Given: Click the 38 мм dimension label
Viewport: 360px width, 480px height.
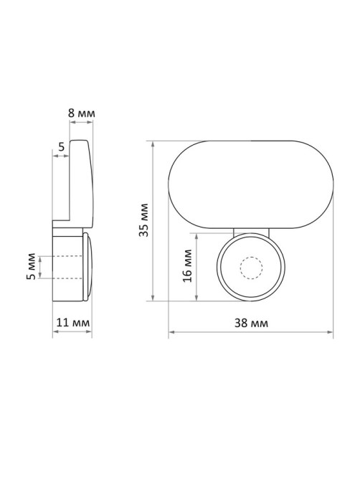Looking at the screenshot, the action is click(251, 323).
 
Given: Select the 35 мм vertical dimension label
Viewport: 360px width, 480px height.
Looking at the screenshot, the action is click(143, 220).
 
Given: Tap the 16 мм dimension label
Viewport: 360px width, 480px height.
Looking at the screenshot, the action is click(187, 265).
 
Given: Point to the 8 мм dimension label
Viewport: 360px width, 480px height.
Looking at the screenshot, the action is click(81, 113).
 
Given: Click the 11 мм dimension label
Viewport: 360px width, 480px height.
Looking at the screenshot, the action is click(73, 322).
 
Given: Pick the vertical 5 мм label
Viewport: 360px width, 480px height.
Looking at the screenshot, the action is click(31, 266).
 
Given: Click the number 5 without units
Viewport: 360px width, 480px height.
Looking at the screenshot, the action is click(62, 147).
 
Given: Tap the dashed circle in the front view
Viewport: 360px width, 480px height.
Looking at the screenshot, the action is click(252, 268).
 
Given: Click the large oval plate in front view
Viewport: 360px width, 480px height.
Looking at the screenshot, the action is click(251, 184).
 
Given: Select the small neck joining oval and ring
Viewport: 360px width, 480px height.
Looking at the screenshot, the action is click(251, 232).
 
